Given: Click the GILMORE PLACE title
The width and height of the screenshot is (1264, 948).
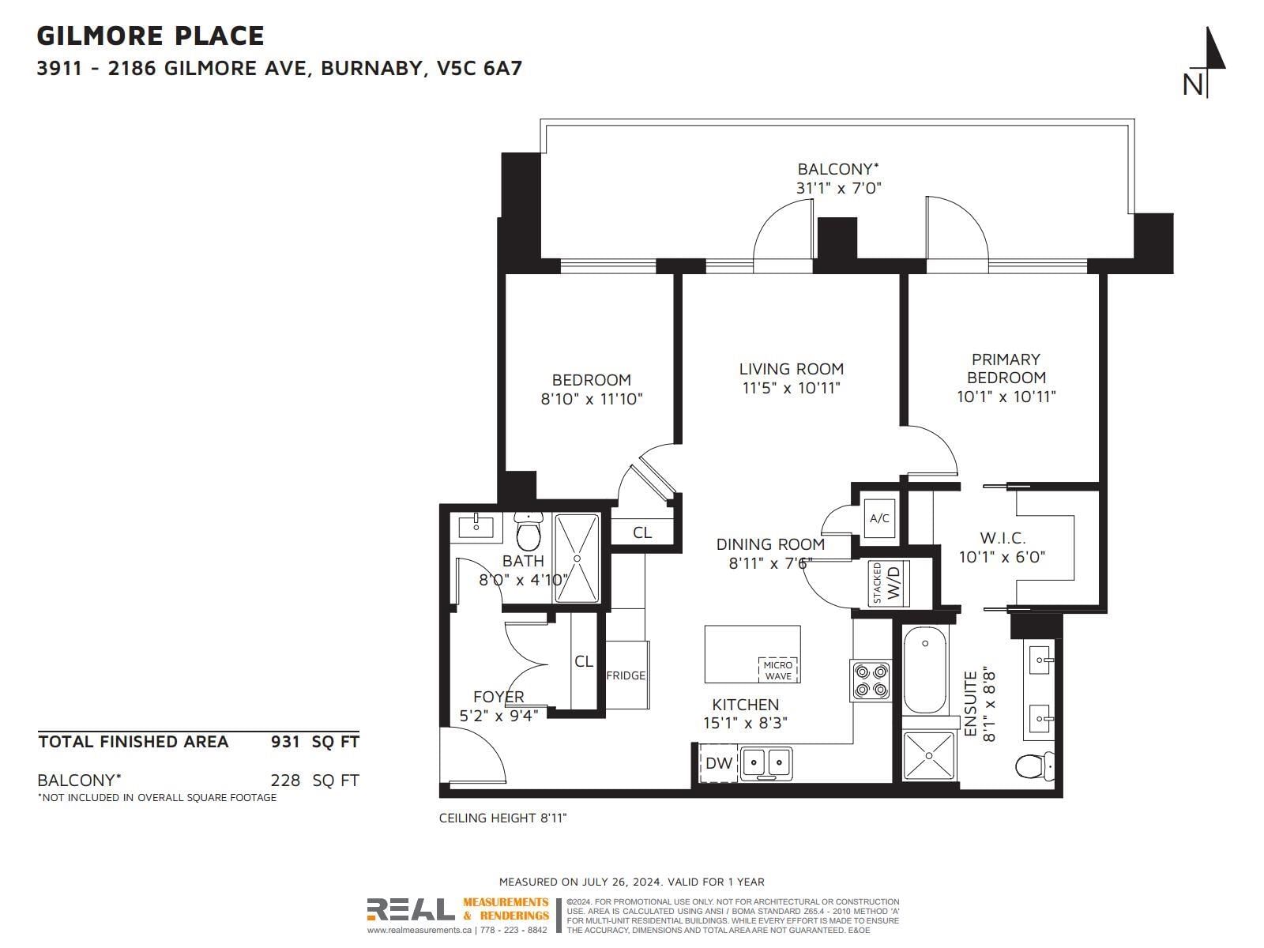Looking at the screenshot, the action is tap(150, 36).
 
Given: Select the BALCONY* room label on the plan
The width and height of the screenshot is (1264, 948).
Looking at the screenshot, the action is tap(838, 169).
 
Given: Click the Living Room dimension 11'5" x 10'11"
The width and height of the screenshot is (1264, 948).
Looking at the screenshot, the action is tap(792, 388).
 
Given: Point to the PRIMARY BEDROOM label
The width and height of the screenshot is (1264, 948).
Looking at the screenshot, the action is tap(1006, 368).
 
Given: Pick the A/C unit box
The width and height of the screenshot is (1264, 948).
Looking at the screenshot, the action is tap(879, 518).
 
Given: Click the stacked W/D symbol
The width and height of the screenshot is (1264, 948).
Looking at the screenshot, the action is tap(889, 584).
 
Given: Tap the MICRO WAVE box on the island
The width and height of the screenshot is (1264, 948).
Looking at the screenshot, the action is tap(777, 670).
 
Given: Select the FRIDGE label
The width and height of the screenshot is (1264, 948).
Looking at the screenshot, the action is tap(626, 675).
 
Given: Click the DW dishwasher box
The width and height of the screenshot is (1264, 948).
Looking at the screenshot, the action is tap(718, 763).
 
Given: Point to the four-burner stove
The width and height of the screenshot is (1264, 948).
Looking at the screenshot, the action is tap(870, 681).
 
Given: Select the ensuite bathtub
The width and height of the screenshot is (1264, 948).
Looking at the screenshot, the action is tap(925, 670).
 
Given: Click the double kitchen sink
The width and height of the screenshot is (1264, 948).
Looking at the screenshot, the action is tap(766, 763).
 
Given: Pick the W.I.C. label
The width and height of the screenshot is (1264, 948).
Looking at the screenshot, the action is tap(1003, 538).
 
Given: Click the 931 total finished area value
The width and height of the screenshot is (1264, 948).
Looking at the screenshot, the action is tap(285, 741).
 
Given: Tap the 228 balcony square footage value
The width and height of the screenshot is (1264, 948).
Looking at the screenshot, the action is tap(285, 781).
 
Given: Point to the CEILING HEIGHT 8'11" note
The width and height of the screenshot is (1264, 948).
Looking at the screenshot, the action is tap(502, 818).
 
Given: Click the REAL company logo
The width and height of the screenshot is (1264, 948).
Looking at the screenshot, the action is tap(411, 909).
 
